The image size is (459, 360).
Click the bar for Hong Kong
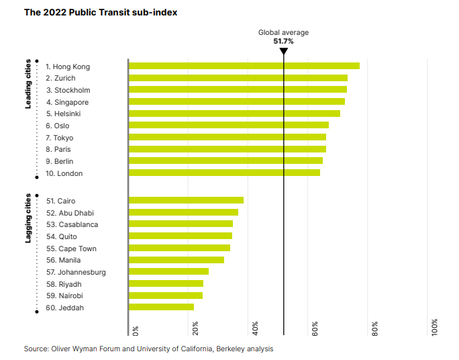(244, 66)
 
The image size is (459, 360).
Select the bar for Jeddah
(161, 307)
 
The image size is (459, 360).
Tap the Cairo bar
(186, 200)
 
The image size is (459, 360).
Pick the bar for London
(224, 173)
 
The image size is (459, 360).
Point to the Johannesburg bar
(168, 271)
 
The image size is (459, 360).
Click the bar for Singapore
(236, 101)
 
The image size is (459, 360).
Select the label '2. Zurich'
(60, 78)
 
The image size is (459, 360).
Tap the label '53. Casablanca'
(72, 224)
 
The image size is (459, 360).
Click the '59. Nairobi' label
(65, 296)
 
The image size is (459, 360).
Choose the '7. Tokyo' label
(60, 138)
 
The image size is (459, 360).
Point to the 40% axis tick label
(255, 328)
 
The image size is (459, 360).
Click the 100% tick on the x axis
(435, 327)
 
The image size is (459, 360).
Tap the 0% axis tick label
(136, 330)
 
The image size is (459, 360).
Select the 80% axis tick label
(375, 328)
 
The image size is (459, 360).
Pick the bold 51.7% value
(283, 42)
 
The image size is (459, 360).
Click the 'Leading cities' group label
(28, 85)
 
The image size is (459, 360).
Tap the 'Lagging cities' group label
(28, 218)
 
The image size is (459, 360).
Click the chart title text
(101, 12)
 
